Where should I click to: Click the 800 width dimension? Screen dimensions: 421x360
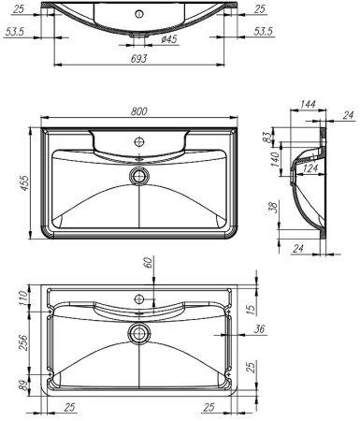137,111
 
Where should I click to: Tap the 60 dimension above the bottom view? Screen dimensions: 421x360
147,264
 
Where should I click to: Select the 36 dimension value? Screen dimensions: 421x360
259,328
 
